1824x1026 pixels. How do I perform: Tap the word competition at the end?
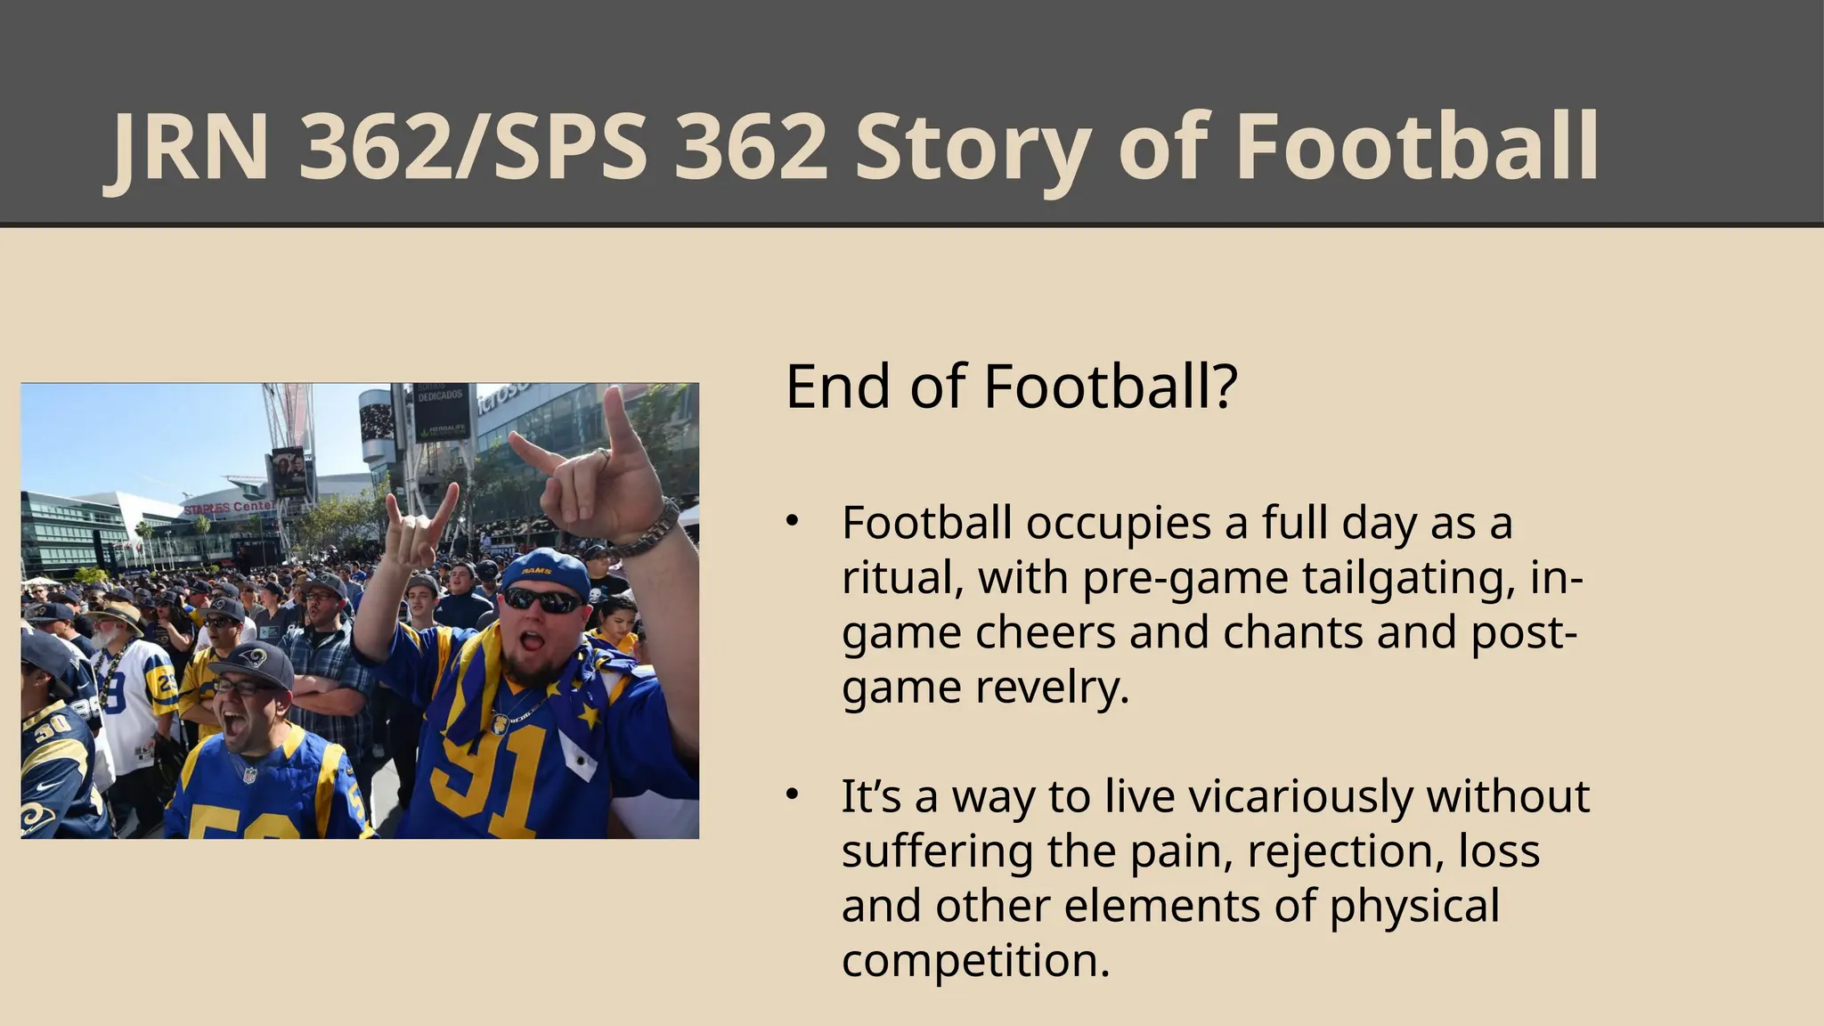coord(975,960)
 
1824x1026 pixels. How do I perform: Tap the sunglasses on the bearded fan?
coord(541,600)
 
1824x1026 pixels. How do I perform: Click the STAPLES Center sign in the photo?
coord(229,507)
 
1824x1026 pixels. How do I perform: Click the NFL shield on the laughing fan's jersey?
coord(249,775)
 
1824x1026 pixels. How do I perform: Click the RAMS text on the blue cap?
coord(536,570)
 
